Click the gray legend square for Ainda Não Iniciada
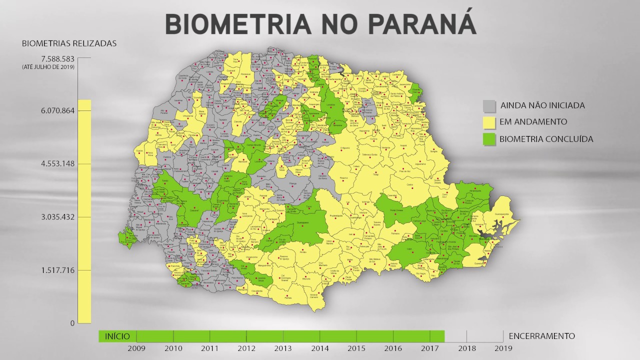click(489, 106)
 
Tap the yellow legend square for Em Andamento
click(489, 122)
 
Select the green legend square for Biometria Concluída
click(489, 139)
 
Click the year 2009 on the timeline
click(136, 348)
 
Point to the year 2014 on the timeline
click(319, 348)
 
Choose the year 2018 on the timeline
click(466, 348)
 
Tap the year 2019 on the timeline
click(503, 348)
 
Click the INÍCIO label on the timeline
click(117, 336)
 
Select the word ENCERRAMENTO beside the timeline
click(541, 336)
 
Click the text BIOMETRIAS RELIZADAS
click(69, 43)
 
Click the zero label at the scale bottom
click(72, 323)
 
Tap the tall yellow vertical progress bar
click(84, 210)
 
